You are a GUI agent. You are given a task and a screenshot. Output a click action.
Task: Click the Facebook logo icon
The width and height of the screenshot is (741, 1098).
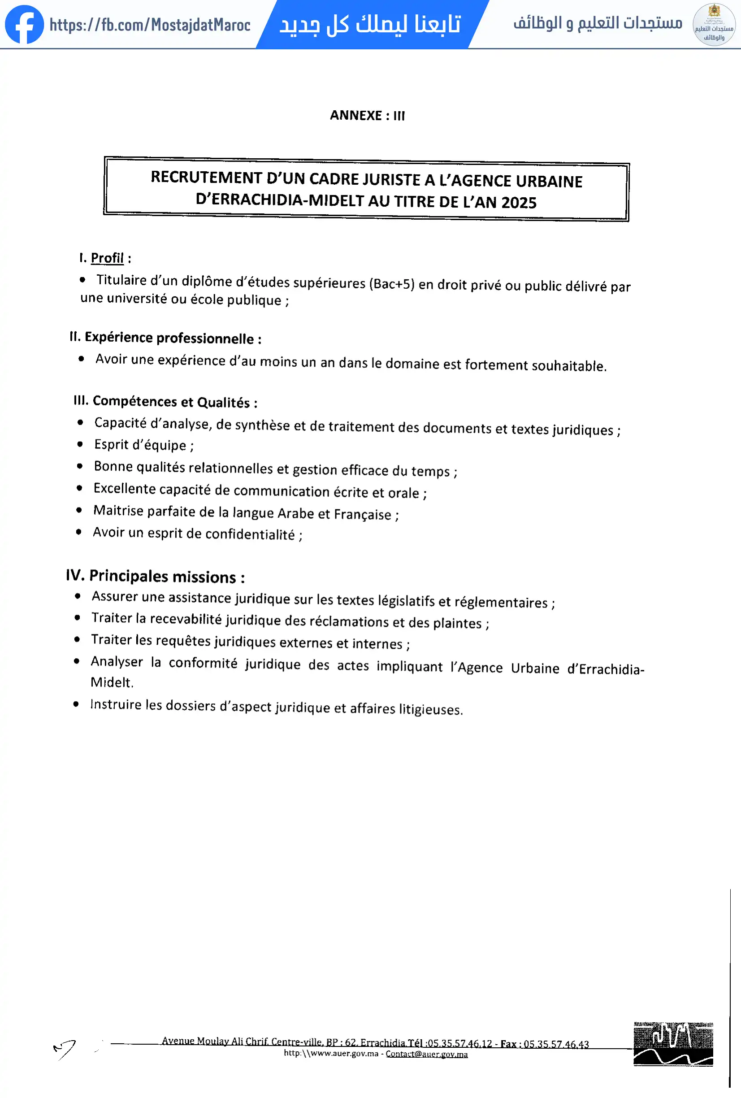[24, 25]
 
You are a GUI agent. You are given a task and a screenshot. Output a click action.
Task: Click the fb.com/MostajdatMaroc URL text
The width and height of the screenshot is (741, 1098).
[150, 25]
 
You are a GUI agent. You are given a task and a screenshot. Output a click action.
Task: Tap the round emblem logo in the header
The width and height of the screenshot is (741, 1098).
[714, 25]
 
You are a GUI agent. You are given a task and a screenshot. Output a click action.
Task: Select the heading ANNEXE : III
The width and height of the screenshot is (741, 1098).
[367, 115]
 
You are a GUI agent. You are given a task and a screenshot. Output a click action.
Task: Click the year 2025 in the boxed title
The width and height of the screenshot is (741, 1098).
[519, 203]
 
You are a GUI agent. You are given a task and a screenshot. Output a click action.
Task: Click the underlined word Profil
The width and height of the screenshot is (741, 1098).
[107, 258]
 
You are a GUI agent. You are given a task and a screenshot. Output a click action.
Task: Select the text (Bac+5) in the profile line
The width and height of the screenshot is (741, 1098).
[391, 283]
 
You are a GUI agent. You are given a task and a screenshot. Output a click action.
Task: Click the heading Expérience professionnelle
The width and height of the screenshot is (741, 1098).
[169, 338]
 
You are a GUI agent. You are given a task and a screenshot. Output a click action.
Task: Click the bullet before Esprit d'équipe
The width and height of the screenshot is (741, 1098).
[80, 444]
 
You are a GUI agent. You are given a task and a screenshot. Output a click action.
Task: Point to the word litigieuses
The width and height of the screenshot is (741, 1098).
[430, 709]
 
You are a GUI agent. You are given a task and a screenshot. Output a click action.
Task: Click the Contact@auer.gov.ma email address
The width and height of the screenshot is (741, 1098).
[426, 1054]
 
